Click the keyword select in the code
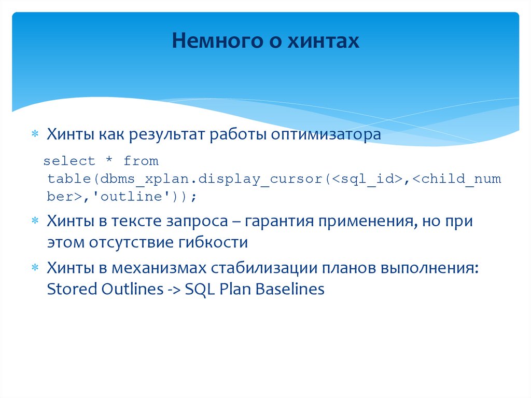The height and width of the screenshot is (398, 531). pyautogui.click(x=69, y=161)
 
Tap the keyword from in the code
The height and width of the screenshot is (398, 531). pyautogui.click(x=141, y=161)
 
